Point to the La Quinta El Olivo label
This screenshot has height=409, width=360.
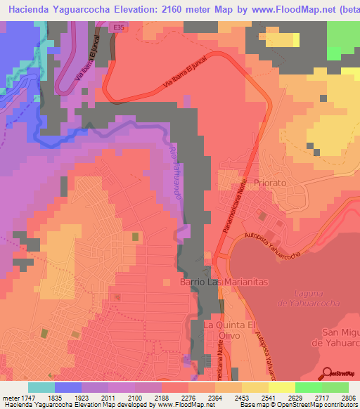[x=229, y=331]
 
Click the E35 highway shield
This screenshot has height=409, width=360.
[x=120, y=27]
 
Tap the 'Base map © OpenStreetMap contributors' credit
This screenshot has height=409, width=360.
[x=296, y=404]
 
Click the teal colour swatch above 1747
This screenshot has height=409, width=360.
[x=41, y=387]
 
